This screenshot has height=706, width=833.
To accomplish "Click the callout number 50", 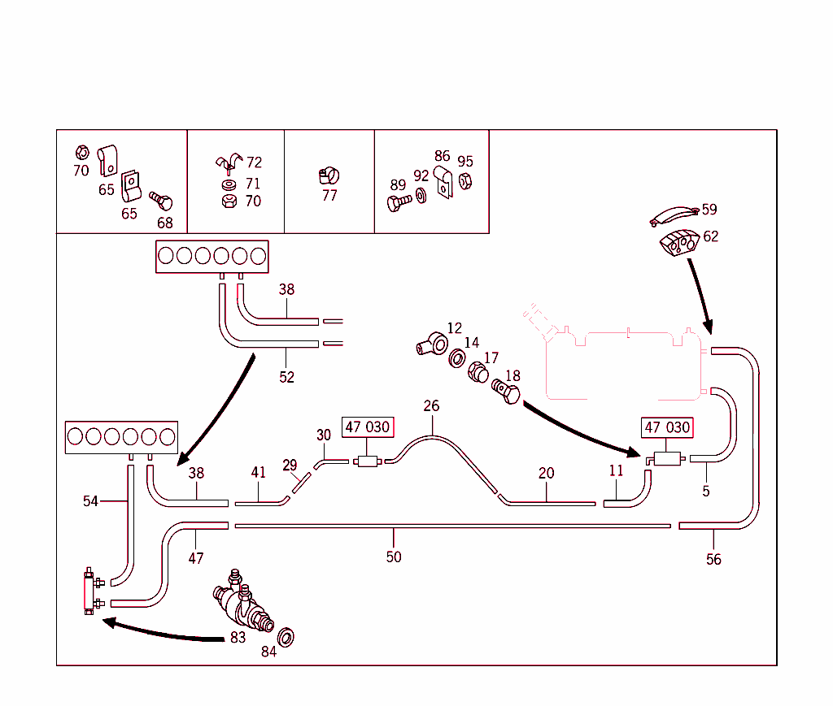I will [x=394, y=557].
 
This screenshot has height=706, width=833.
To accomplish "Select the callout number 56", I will [x=713, y=560].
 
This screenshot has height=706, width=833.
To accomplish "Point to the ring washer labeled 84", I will [x=286, y=635].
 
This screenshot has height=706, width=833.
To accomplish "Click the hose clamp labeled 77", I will [x=329, y=175].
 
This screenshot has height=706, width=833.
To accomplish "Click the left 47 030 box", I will [x=367, y=427].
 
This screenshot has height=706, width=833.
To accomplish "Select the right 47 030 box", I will [x=667, y=427].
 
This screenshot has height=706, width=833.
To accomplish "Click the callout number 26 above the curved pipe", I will [x=431, y=405].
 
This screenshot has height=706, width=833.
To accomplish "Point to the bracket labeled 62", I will [x=678, y=241].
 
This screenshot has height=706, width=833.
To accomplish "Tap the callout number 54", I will [x=90, y=501].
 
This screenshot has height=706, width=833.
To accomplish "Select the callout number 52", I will [x=286, y=377].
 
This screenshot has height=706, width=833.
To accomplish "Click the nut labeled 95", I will [x=465, y=181].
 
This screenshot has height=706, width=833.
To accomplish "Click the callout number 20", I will [x=547, y=473].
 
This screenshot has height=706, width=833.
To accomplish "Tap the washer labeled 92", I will [x=421, y=196].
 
